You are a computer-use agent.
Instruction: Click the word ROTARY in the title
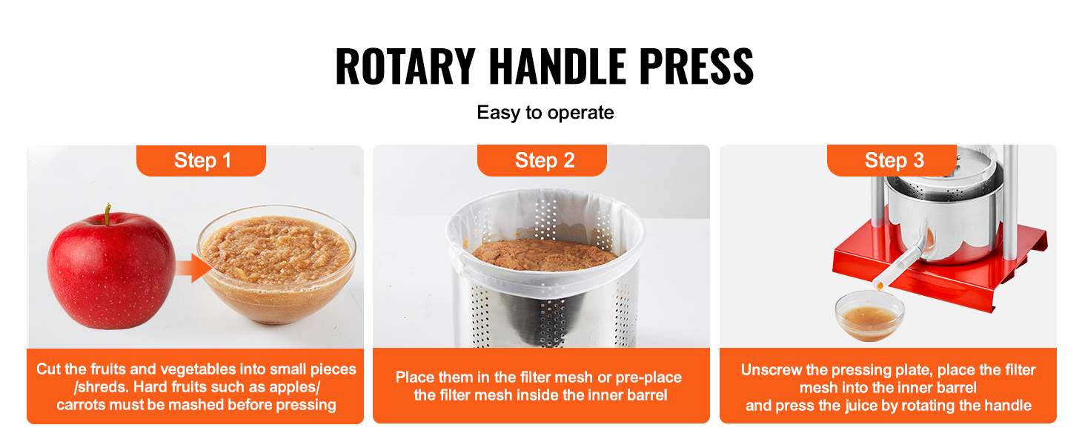tap(405, 67)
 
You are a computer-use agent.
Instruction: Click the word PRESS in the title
tap(696, 67)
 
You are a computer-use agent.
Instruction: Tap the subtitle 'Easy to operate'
tap(545, 113)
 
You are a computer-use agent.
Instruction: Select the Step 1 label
tap(202, 160)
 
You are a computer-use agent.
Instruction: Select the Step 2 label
tap(544, 160)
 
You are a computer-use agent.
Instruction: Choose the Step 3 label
tap(894, 160)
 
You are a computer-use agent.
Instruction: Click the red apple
tap(112, 269)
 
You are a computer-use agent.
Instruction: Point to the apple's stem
tap(107, 214)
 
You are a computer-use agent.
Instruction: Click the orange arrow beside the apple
tap(193, 268)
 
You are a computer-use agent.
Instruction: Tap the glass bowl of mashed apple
tap(276, 264)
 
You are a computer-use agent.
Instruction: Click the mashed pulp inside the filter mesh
tap(545, 255)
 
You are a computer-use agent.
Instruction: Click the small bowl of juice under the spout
tap(869, 316)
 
